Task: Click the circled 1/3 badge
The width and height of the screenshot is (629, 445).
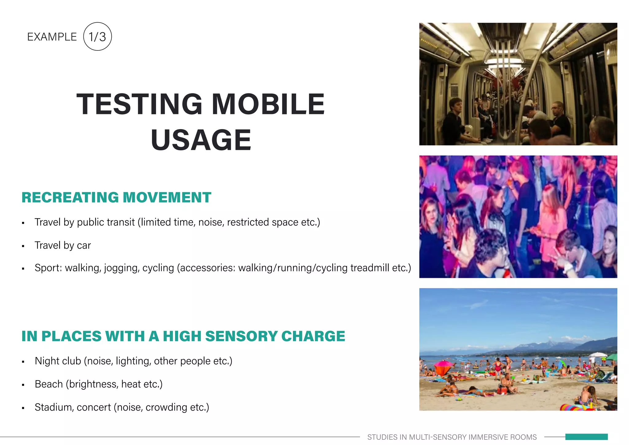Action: click(97, 37)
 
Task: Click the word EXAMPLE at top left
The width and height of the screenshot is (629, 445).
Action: click(52, 37)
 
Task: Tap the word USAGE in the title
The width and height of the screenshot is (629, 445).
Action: click(201, 140)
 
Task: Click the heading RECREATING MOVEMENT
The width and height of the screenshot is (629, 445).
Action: click(116, 197)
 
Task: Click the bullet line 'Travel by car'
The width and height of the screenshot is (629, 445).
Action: click(63, 245)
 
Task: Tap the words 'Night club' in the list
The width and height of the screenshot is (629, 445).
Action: click(58, 361)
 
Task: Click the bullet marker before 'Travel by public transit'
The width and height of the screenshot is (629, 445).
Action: click(23, 223)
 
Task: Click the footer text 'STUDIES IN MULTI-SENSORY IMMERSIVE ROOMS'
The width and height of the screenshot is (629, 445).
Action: click(452, 437)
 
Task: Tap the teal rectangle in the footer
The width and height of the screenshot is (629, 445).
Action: click(586, 437)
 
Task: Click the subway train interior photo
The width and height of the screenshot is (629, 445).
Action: click(518, 84)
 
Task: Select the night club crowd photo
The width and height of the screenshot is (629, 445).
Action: click(518, 217)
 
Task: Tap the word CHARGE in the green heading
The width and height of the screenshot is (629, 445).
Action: click(313, 336)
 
